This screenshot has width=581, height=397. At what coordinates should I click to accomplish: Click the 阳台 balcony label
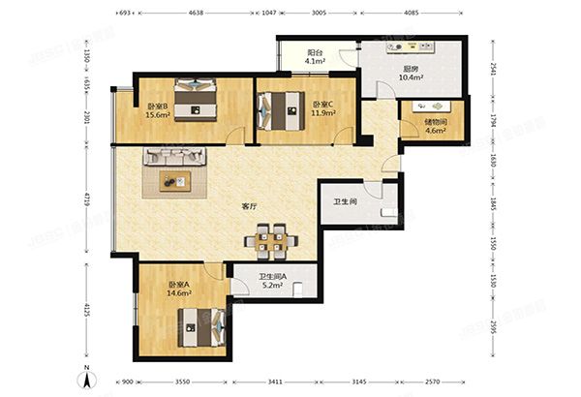point(315,55)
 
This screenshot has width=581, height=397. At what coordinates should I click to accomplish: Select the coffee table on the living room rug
point(176,180)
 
